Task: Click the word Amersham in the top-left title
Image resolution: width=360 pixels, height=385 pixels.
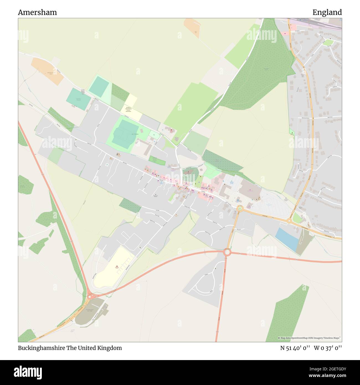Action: pyautogui.click(x=37, y=12)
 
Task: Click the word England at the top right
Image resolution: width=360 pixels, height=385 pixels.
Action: pyautogui.click(x=327, y=12)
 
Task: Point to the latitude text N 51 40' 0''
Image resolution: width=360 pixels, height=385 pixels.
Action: pyautogui.click(x=295, y=348)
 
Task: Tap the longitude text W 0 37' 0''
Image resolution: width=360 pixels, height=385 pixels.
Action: pyautogui.click(x=328, y=348)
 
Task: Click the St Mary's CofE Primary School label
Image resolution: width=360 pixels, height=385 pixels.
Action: pyautogui.click(x=128, y=109)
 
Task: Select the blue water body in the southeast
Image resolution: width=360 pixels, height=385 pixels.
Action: pyautogui.click(x=287, y=239)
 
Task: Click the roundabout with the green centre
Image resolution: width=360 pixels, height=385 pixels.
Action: pyautogui.click(x=240, y=209)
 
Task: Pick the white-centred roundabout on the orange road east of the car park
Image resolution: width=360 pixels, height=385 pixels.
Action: pyautogui.click(x=289, y=221)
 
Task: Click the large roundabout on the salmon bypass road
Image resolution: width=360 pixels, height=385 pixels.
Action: pyautogui.click(x=227, y=252)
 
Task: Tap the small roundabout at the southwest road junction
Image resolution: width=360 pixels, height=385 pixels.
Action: pyautogui.click(x=90, y=297)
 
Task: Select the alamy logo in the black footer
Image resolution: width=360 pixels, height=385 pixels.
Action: pyautogui.click(x=28, y=371)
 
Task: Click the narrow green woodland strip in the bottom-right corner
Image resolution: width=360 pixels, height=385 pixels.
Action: pyautogui.click(x=288, y=313)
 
